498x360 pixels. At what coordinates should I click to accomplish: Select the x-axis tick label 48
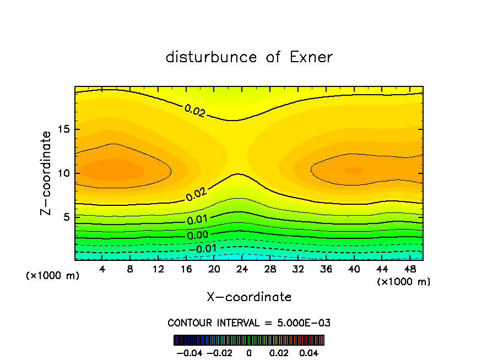tap(409, 269)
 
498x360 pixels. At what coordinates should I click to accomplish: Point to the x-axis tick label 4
tap(102, 269)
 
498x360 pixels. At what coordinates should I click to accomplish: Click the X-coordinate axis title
tap(249, 297)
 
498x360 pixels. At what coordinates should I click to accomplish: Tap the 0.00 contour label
tap(197, 236)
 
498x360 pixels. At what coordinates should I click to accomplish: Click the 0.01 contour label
tap(197, 220)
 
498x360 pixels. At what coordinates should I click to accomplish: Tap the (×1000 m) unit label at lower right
tap(404, 282)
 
